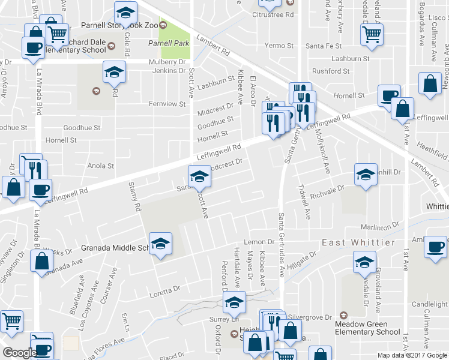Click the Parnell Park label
tap(169, 43)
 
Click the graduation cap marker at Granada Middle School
tap(160, 244)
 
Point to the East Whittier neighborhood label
tap(358, 242)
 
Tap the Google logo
tap(20, 352)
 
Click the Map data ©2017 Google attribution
tap(411, 355)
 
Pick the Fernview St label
tap(167, 104)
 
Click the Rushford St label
tap(330, 71)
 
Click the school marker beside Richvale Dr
tap(365, 175)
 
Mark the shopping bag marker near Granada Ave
tap(41, 262)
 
